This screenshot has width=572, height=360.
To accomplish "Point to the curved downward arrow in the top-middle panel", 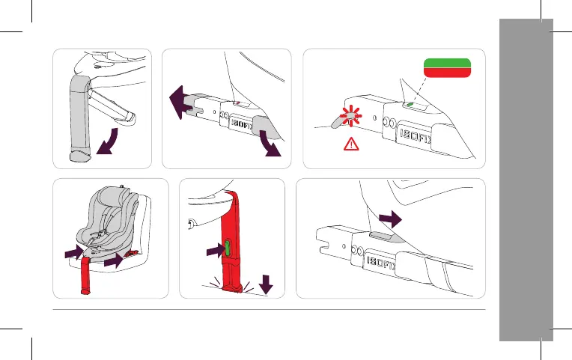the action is pyautogui.click(x=270, y=144).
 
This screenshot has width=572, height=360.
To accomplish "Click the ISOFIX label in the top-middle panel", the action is pyautogui.click(x=242, y=125).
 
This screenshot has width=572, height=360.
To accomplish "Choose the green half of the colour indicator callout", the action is pyautogui.click(x=447, y=63).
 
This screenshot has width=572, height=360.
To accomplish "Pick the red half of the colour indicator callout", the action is pyautogui.click(x=447, y=73).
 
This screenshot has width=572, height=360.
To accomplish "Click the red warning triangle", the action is pyautogui.click(x=351, y=144).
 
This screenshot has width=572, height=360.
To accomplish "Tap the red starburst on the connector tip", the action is pyautogui.click(x=350, y=116).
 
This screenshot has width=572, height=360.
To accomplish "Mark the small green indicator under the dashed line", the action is pyautogui.click(x=410, y=104).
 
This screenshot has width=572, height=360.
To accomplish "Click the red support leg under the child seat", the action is pyautogui.click(x=85, y=275).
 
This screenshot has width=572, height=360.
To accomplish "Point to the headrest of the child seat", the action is pyautogui.click(x=114, y=197).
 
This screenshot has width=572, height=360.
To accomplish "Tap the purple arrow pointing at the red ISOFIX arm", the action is pyautogui.click(x=114, y=260).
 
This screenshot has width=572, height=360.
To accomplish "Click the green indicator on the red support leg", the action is pyautogui.click(x=228, y=248).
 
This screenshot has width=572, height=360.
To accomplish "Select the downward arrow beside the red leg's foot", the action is pyautogui.click(x=266, y=284).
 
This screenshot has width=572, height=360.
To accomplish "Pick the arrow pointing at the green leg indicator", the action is pyautogui.click(x=215, y=251).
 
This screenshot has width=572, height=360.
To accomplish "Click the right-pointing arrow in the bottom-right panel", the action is pyautogui.click(x=390, y=219).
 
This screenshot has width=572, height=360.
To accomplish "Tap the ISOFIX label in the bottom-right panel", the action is pyautogui.click(x=381, y=263).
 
